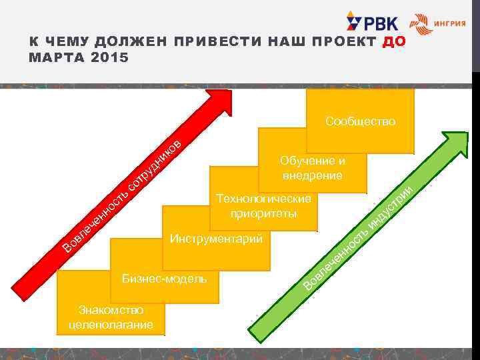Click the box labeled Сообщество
point(360,121)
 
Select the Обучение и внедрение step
point(312,168)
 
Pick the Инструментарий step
point(216,239)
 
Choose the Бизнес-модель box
point(164,277)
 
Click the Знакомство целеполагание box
point(111,317)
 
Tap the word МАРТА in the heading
point(55,57)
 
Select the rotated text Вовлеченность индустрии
point(360,237)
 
